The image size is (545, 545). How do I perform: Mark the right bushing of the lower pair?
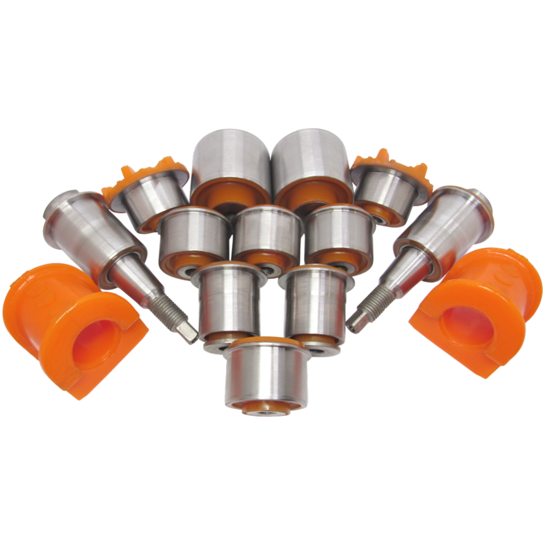(315, 303)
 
